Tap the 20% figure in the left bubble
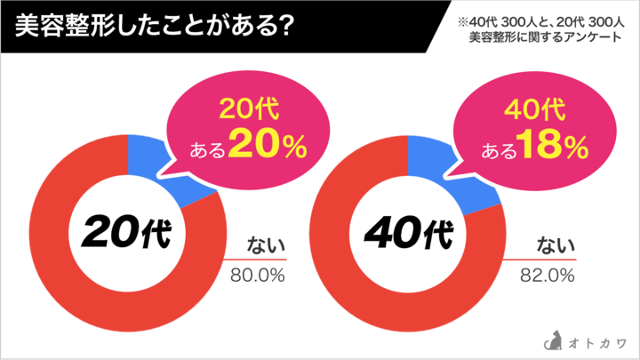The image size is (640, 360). click(267, 147)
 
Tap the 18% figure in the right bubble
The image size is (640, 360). click(553, 147)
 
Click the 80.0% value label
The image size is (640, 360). click(258, 276)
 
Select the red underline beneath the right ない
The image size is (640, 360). click(542, 260)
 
